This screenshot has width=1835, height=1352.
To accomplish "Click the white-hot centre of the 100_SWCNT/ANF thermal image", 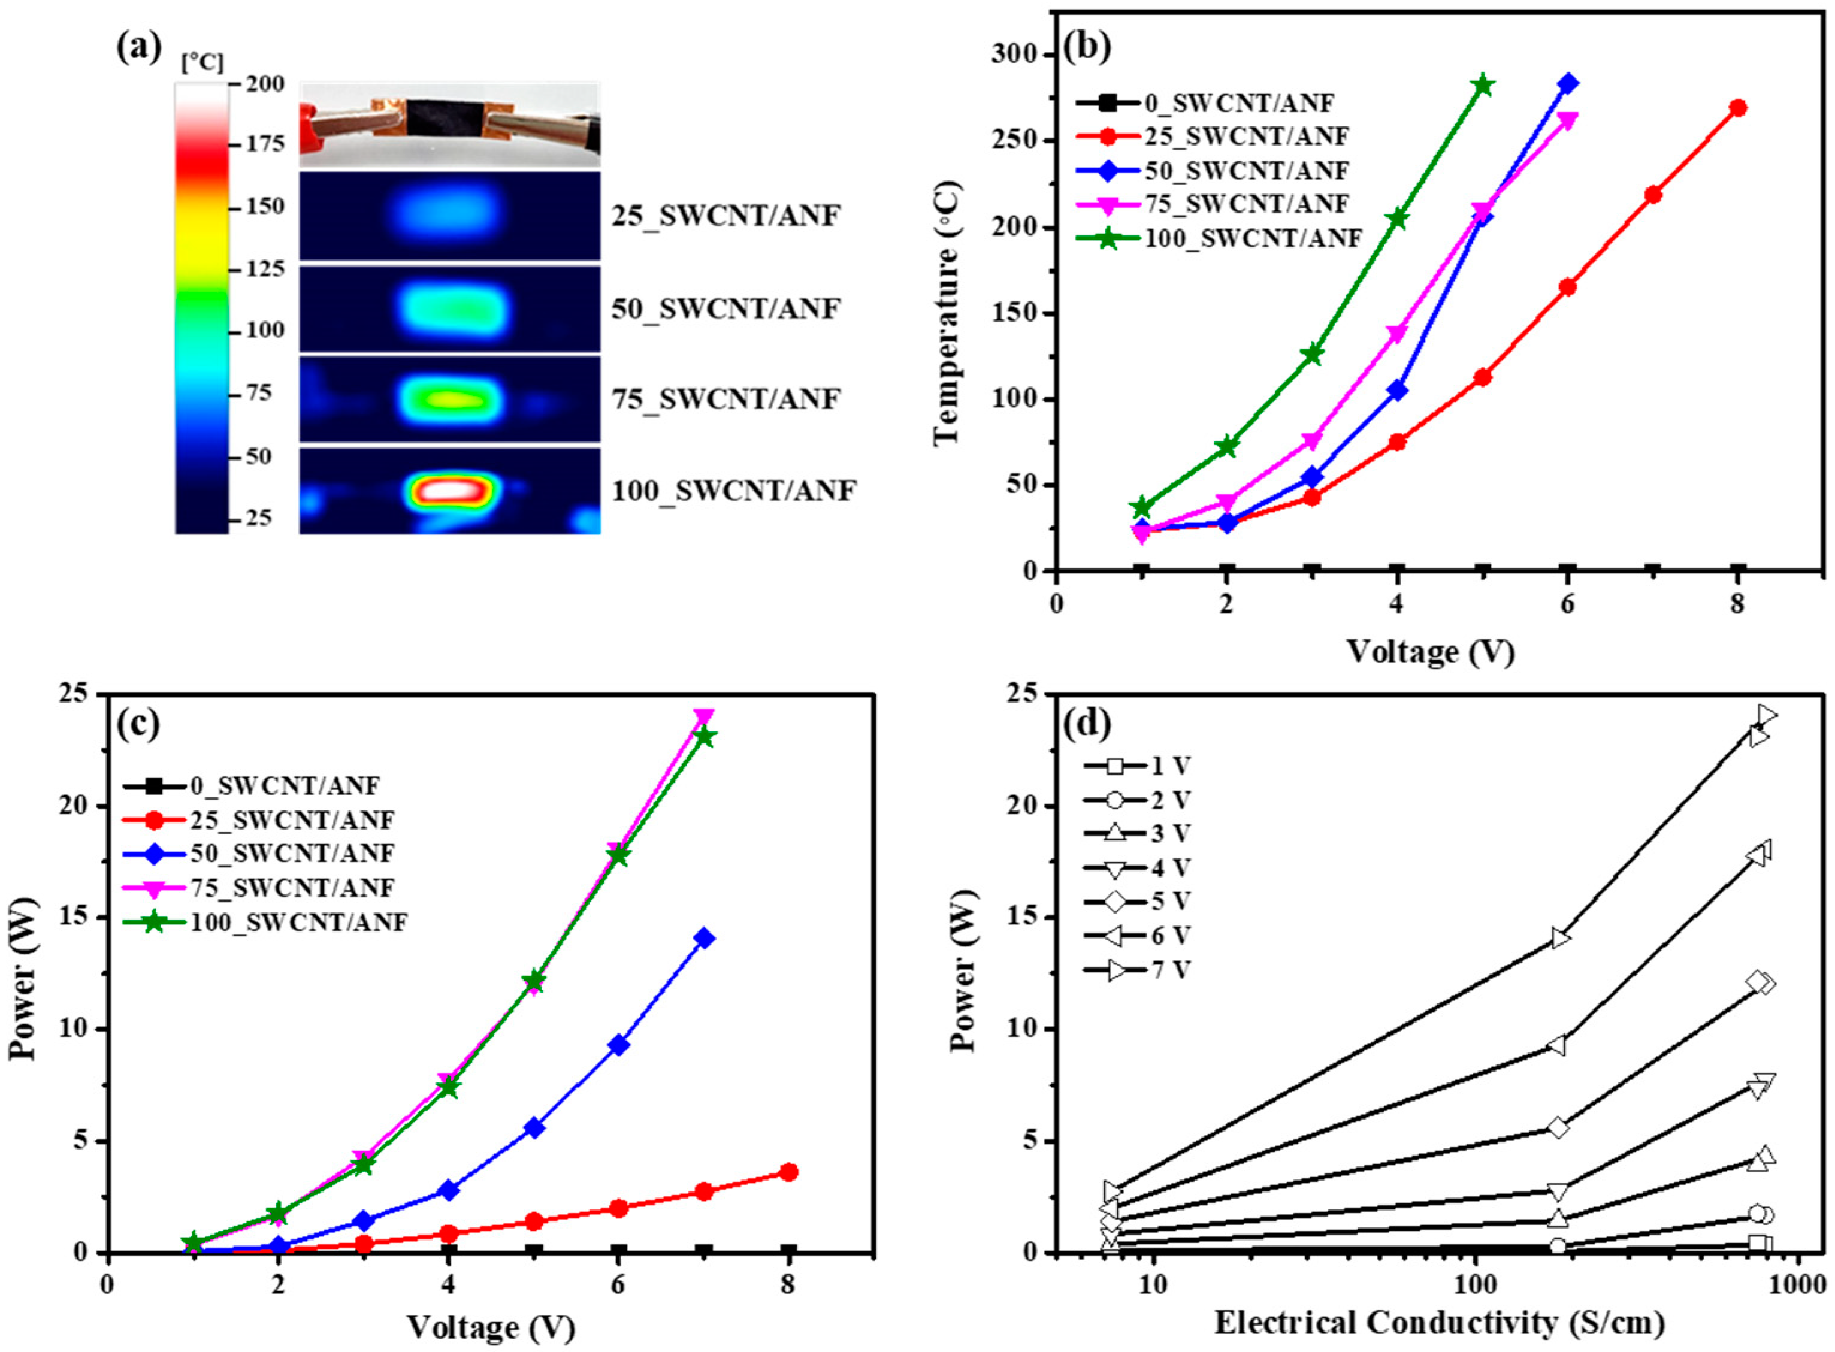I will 449,490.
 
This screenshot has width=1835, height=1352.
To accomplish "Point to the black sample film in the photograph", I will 439,119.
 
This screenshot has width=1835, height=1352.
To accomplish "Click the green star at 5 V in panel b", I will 1482,85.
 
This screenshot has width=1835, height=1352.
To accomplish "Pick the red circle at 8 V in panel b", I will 1737,108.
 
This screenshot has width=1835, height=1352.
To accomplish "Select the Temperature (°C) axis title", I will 945,313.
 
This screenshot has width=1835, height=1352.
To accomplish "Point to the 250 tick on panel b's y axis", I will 1015,141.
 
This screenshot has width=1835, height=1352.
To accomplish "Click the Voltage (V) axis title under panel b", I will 1431,652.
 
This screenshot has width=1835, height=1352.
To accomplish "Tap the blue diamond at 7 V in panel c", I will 704,938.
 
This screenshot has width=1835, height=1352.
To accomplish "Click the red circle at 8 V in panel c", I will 788,1172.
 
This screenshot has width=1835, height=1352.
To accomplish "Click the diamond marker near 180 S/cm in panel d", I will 1558,1128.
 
